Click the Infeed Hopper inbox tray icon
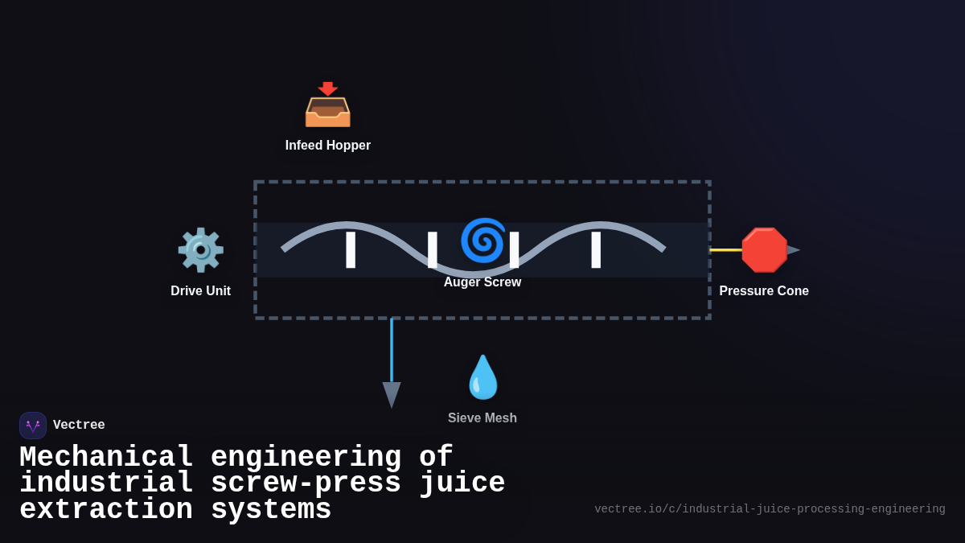pos(327,105)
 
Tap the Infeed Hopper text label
pos(327,146)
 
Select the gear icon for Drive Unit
pos(200,250)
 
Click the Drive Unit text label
pos(200,291)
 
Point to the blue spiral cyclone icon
pos(482,240)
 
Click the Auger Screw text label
pos(482,282)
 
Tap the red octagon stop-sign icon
pos(764,250)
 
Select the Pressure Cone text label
pos(764,291)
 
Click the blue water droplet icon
pos(482,377)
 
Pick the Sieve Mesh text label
pos(482,418)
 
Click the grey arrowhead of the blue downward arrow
pos(392,394)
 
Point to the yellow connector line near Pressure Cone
pos(725,250)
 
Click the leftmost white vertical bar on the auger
pos(351,249)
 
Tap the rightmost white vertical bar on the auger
pos(596,249)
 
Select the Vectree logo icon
pos(33,426)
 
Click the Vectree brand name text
pos(79,426)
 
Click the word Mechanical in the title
pos(106,457)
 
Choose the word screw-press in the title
pos(306,483)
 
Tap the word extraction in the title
pos(106,510)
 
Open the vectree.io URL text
pos(770,509)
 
